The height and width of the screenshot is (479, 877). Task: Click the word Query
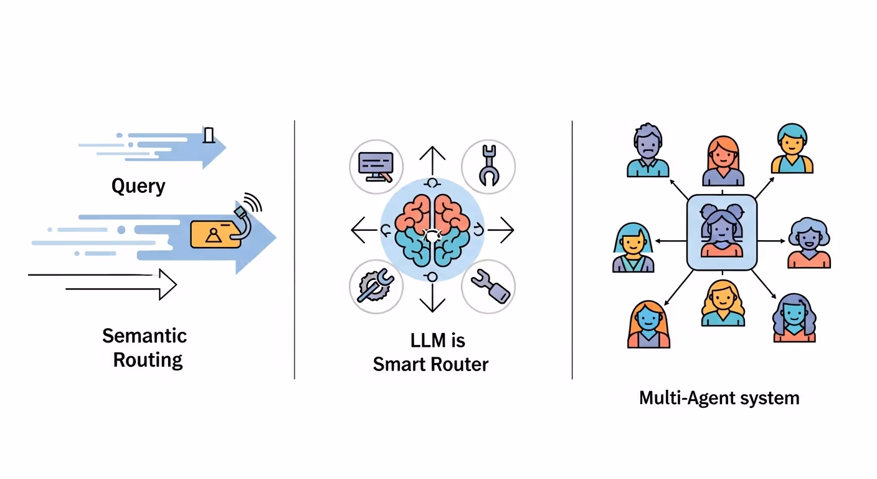click(138, 186)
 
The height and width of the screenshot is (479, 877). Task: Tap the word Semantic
click(145, 336)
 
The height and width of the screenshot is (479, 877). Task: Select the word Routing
click(148, 360)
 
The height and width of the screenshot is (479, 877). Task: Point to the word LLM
click(429, 341)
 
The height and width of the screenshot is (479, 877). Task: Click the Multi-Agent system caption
click(719, 398)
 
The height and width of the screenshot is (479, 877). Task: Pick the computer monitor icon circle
click(376, 166)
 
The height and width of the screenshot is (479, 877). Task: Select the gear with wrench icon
click(376, 286)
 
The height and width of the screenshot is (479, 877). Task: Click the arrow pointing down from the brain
click(431, 298)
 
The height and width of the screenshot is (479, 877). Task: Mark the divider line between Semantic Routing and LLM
click(295, 249)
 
